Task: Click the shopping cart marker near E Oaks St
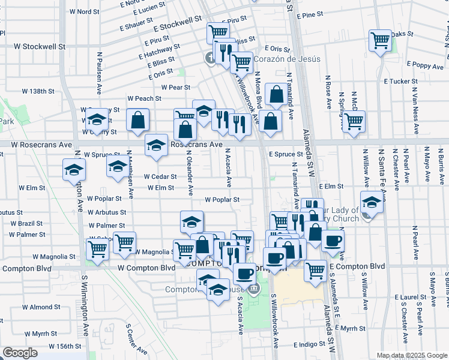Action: pos(380,41)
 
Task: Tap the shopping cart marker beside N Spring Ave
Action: pos(354,121)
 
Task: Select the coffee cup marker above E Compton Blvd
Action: pos(332,241)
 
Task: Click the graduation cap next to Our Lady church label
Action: pos(372,202)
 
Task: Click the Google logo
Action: pos(20,353)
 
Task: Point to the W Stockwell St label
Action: pos(40,46)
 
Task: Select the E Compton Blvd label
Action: pos(357,266)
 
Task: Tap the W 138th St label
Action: pos(38,91)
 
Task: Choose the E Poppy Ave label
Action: pos(424,64)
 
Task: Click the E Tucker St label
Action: pos(399,81)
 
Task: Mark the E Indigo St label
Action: pos(314,345)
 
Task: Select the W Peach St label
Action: pos(144,98)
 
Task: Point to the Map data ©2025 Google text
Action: pos(411,355)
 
